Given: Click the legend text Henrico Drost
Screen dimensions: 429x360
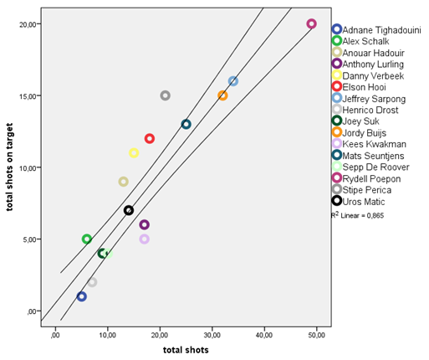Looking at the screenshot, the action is [370, 110].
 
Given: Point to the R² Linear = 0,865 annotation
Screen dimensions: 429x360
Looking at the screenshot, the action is [357, 215].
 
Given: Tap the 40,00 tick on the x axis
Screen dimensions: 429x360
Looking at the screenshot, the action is [264, 335].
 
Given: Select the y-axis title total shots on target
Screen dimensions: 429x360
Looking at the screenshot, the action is [9, 167].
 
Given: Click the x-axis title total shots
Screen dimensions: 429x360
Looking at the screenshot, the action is [186, 350].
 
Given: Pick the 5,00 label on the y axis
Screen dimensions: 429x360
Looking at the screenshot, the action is [30, 239].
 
